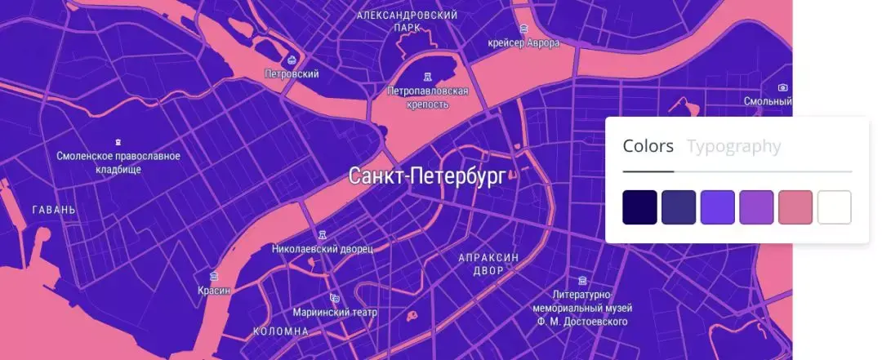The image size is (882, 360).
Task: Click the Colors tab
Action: [648, 146]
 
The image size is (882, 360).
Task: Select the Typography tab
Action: [733, 146]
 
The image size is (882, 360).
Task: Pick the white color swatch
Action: [834, 207]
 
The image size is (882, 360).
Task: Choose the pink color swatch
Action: [795, 207]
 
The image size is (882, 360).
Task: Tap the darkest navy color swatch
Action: [639, 207]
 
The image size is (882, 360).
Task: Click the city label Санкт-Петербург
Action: [427, 176]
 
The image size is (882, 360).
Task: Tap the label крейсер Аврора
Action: [523, 42]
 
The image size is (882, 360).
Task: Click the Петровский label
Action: [292, 73]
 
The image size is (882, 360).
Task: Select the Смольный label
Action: [768, 102]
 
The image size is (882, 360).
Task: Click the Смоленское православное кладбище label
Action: [118, 162]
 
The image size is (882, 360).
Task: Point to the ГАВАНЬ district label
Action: [54, 210]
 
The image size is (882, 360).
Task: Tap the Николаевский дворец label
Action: [323, 249]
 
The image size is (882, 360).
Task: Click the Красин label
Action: [214, 290]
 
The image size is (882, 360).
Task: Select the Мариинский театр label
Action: [335, 312]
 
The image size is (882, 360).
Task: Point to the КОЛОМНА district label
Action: [280, 332]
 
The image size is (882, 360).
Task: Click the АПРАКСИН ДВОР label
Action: [488, 264]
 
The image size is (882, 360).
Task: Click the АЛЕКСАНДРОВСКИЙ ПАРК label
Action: [407, 21]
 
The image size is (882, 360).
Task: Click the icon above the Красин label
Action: [214, 277]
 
